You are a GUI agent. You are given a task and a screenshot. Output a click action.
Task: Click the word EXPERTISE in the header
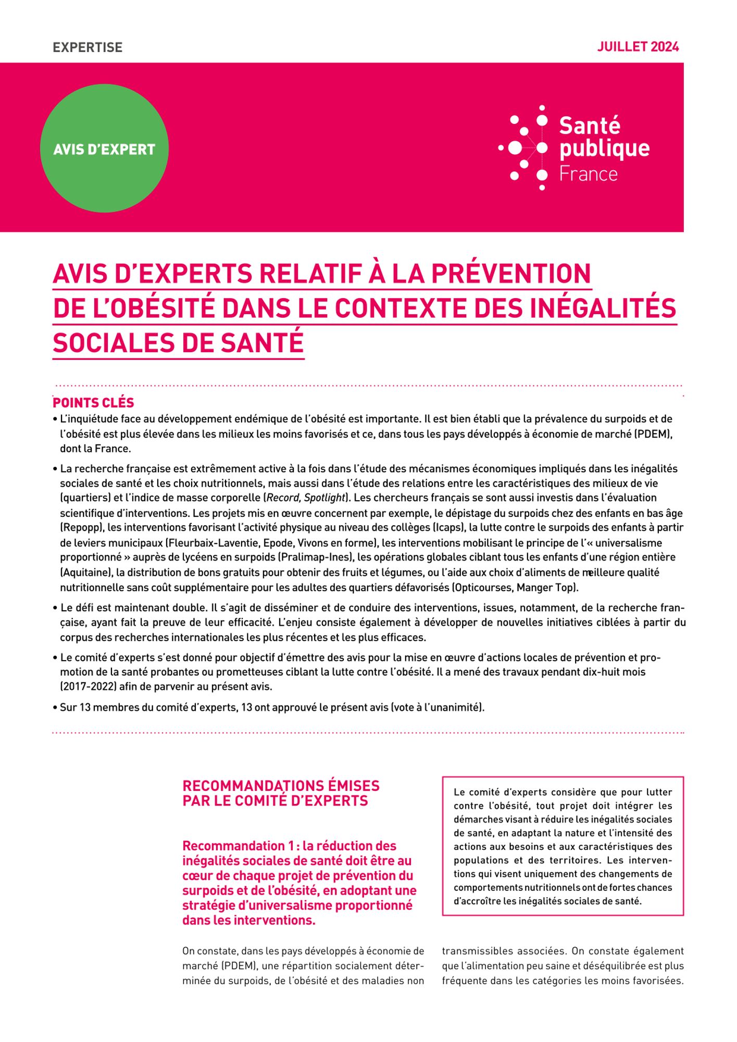pyautogui.click(x=88, y=47)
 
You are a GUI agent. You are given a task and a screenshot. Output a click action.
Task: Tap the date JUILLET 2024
pyautogui.click(x=638, y=47)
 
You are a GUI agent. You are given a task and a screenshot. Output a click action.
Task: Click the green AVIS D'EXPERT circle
pyautogui.click(x=104, y=150)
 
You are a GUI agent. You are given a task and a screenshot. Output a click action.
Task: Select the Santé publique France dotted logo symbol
pyautogui.click(x=524, y=148)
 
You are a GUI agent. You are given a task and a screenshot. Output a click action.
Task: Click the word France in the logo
pyautogui.click(x=588, y=174)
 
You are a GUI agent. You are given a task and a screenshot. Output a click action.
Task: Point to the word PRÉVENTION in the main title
pyautogui.click(x=510, y=273)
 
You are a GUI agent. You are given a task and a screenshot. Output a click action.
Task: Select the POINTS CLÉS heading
pyautogui.click(x=93, y=403)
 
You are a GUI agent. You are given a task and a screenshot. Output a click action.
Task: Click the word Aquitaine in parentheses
pyautogui.click(x=86, y=573)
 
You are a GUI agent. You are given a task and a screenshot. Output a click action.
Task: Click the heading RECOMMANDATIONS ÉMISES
pyautogui.click(x=281, y=786)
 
